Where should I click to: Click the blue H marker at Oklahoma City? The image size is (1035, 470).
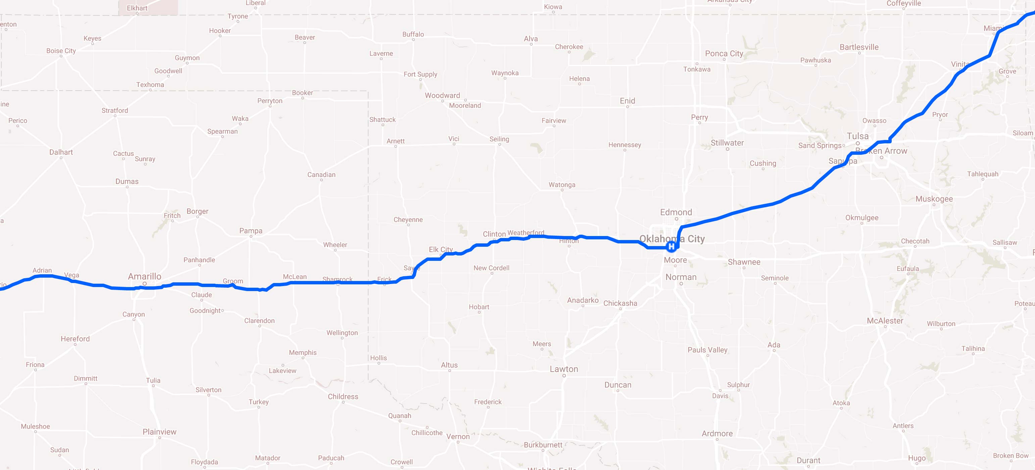(x=671, y=246)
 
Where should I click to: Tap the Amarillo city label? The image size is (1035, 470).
(x=145, y=276)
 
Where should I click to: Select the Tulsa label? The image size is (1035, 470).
(x=857, y=136)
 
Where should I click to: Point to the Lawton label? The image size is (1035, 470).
(x=564, y=369)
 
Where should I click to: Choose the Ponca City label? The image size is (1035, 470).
(x=724, y=53)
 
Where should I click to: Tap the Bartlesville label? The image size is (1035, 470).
(x=859, y=47)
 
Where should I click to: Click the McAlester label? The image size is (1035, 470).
(x=885, y=320)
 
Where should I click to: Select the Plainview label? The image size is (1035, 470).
(x=159, y=432)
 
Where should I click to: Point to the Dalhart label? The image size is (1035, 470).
(x=61, y=152)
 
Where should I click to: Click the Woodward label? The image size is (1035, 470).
(x=442, y=95)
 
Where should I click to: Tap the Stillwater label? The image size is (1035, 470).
(x=727, y=143)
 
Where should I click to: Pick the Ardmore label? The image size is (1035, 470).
(x=717, y=433)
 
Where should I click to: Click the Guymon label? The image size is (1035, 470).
(x=187, y=57)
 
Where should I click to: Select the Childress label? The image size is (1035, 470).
(x=343, y=396)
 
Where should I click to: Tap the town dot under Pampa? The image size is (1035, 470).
(x=251, y=236)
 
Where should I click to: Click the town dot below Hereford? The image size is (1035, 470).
(x=75, y=344)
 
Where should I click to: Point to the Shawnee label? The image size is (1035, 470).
(x=744, y=262)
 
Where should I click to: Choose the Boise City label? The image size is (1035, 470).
(x=61, y=51)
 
